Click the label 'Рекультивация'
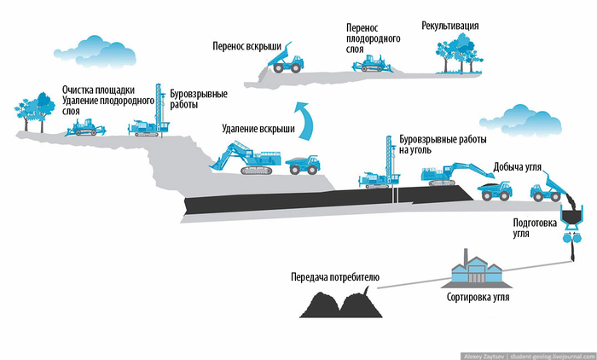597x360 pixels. [x=450, y=26]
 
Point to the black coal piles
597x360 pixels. [x=342, y=305]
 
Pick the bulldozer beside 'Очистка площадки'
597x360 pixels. [x=85, y=128]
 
